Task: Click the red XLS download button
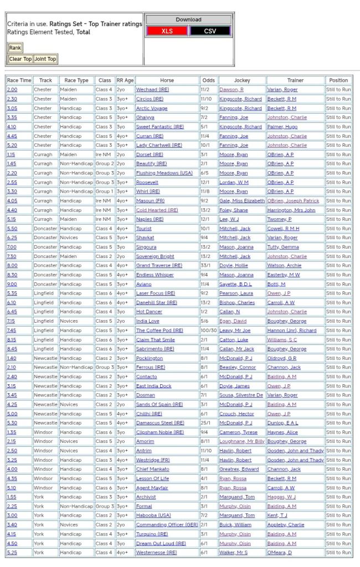(x=167, y=31)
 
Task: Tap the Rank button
(x=15, y=48)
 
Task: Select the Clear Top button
(x=20, y=59)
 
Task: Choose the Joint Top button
(x=45, y=59)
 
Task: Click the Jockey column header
(x=242, y=80)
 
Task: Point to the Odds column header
(x=208, y=80)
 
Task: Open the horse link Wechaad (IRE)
(x=152, y=90)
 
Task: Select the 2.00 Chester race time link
(x=12, y=90)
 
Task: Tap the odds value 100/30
(x=208, y=331)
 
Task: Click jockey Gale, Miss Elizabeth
(x=242, y=201)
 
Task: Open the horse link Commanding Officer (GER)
(x=167, y=525)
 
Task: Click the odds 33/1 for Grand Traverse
(x=208, y=266)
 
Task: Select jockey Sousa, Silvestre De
(x=241, y=395)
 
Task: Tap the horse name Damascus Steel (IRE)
(x=160, y=423)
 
